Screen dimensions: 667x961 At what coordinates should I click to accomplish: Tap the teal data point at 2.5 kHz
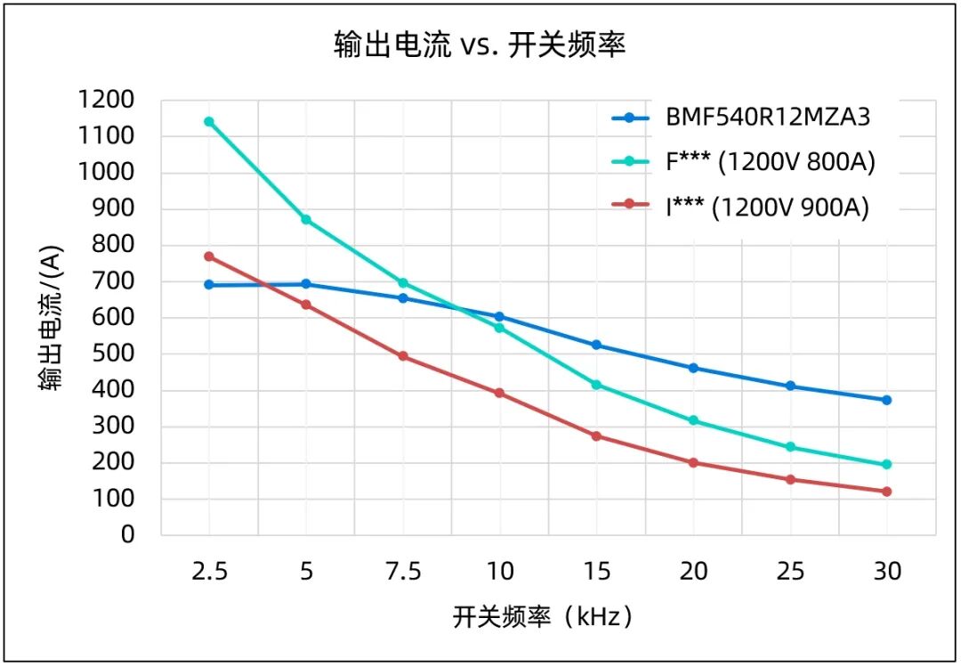(209, 121)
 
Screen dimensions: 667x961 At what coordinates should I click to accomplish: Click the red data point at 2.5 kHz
(209, 256)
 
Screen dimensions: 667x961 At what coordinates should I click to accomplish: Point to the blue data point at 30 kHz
(886, 400)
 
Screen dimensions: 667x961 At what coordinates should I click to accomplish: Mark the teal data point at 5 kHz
(306, 219)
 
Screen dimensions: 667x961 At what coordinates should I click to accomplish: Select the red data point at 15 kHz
(596, 436)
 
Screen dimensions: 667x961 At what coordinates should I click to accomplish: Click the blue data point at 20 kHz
(693, 368)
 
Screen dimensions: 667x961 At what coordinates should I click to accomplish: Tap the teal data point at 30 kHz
(886, 464)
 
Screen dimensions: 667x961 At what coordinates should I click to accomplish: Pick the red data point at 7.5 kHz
(403, 356)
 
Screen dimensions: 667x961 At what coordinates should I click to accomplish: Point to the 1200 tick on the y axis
(105, 100)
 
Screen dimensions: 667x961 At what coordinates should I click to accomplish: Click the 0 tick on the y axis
(127, 535)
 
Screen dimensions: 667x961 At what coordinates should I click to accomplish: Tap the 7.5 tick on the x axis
(403, 571)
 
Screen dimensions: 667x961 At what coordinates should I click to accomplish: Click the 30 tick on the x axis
(886, 571)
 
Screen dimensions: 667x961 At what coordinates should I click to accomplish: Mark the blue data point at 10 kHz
(499, 317)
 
